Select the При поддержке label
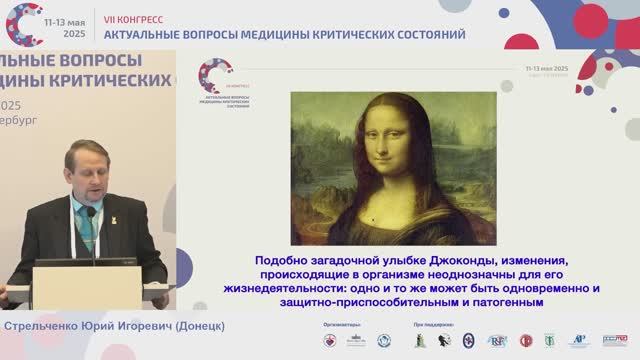(x=433, y=326)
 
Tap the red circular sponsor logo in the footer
(x=329, y=341)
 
